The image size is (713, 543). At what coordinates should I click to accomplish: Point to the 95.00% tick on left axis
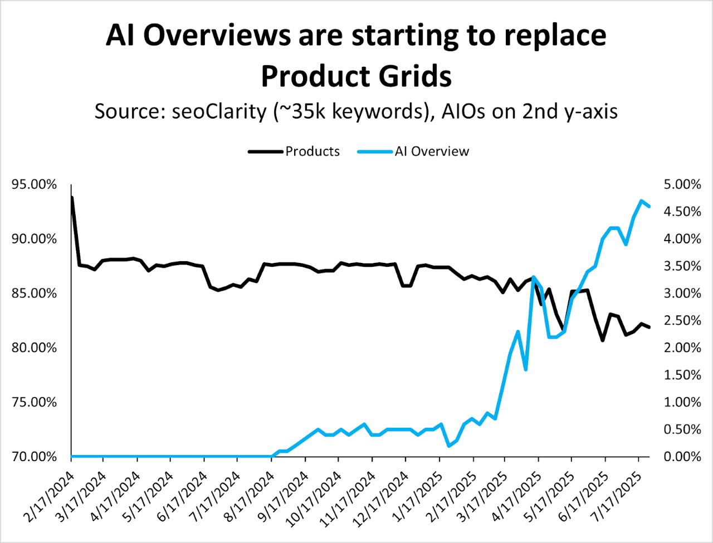tap(34, 184)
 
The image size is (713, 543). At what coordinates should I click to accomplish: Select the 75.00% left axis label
tap(34, 402)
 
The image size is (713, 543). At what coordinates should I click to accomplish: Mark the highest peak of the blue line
tap(642, 200)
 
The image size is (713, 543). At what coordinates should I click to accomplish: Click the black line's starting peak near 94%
tap(72, 197)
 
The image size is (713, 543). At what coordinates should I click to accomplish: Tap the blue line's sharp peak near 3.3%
tap(534, 277)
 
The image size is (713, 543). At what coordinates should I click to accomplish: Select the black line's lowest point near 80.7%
tap(602, 340)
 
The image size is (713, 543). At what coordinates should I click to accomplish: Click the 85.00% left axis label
tap(34, 293)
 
